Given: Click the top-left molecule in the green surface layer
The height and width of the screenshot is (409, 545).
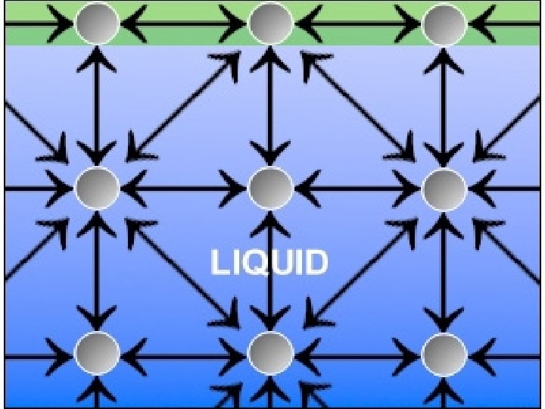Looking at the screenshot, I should point(97,24).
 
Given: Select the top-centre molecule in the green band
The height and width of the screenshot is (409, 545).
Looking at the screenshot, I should point(270,24).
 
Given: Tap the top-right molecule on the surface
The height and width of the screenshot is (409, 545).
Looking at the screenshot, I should point(444,24).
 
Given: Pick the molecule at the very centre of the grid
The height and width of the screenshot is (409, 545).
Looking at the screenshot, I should point(270,187).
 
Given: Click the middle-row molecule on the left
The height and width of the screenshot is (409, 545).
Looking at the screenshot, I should point(97,187).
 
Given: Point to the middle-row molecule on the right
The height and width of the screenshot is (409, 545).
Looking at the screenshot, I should point(444,187).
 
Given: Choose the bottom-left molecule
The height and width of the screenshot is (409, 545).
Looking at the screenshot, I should point(97,353).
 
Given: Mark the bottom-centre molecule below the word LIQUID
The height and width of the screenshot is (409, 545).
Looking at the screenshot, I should point(270,353).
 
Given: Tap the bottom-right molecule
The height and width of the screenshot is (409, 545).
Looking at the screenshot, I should point(444,353).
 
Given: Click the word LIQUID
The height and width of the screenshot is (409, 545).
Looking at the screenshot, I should point(269,263).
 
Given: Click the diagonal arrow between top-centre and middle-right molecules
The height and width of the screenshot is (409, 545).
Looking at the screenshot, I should point(357,106).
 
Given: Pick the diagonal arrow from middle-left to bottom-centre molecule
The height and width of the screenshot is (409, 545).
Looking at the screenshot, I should point(184,270).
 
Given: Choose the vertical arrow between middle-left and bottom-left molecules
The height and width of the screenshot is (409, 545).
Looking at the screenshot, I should point(97,270).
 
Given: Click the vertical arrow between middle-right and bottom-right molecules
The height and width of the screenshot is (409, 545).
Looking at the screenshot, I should point(444,270).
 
